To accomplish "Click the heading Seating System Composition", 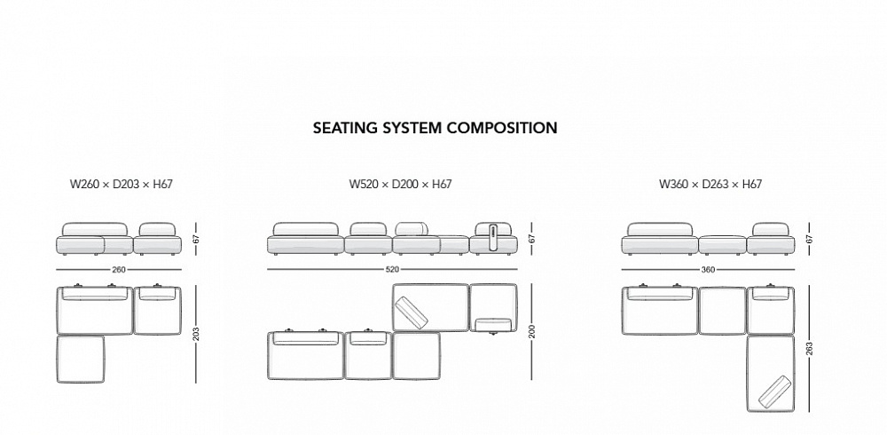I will (435, 128).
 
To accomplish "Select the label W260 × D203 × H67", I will (122, 185).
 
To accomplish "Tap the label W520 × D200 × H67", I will (400, 185).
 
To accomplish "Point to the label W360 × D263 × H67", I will (710, 185).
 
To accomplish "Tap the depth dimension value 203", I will (196, 336).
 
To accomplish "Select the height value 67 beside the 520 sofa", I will (531, 238).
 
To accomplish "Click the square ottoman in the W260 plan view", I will (81, 358).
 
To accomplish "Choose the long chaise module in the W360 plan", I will (770, 373).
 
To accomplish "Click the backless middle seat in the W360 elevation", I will (723, 243).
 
